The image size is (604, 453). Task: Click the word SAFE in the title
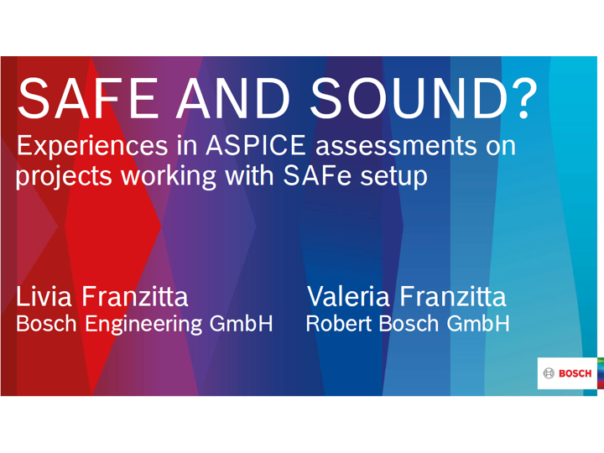[88, 98]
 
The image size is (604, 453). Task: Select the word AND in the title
[233, 98]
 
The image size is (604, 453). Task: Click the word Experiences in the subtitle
[92, 146]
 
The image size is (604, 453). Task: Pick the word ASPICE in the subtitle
[256, 146]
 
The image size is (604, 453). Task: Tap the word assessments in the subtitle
[396, 147]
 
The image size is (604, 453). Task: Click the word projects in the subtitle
[64, 177]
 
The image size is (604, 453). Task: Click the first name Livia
[44, 297]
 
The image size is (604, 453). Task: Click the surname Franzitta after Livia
[135, 297]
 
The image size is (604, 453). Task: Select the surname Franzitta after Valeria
[453, 297]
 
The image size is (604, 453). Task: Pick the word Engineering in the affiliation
[143, 325]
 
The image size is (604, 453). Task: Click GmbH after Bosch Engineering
[241, 324]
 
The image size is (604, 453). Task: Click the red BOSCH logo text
[575, 373]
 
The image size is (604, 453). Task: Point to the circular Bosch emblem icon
[549, 373]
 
